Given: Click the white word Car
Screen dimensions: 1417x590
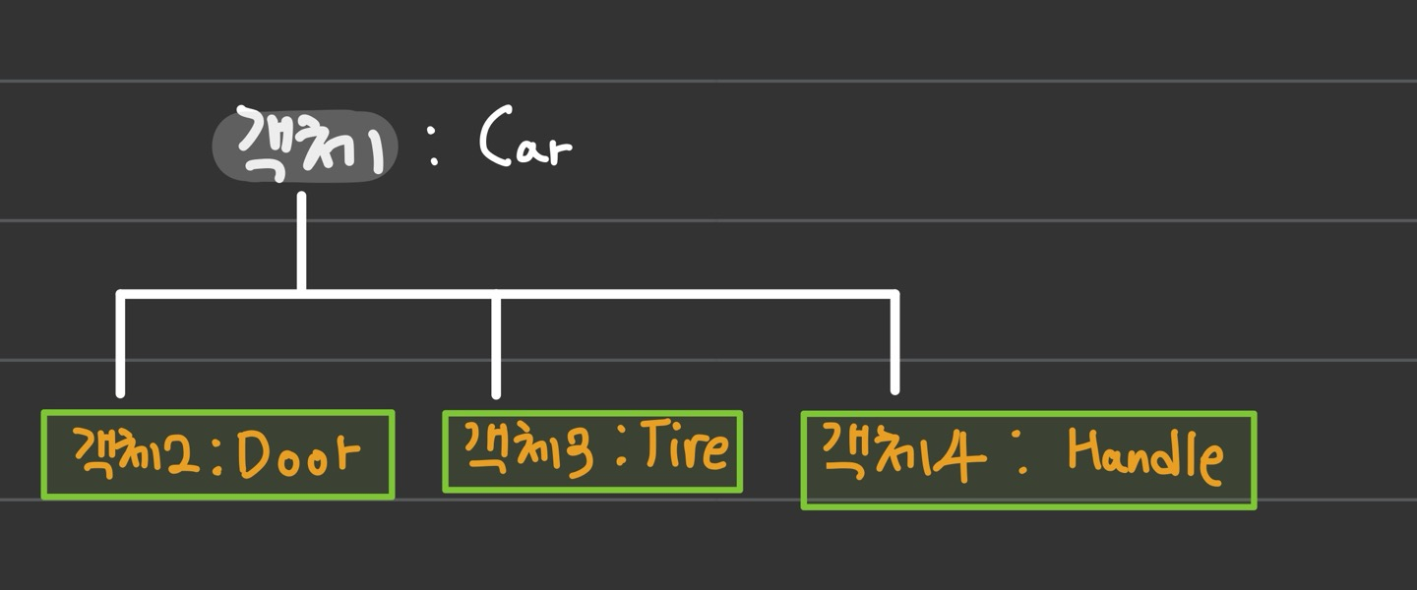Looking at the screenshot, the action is [x=525, y=138].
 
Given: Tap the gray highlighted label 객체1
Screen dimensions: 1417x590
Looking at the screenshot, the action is [x=305, y=147].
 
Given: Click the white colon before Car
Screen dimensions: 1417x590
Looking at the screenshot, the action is [x=433, y=146].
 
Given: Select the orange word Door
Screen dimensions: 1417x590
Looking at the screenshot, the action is [x=298, y=452].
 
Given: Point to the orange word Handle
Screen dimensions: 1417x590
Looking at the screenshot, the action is [x=1145, y=456].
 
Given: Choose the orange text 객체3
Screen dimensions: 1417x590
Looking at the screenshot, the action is [x=528, y=448].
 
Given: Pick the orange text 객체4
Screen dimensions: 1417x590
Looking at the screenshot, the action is [x=904, y=453].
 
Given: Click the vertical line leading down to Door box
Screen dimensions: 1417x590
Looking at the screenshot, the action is [x=120, y=344].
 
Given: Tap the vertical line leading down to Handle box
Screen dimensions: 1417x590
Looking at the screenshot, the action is [x=894, y=343].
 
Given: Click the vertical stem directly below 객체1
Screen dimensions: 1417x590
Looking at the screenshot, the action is [x=302, y=242].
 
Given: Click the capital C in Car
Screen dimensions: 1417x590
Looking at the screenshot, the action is [x=496, y=136].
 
